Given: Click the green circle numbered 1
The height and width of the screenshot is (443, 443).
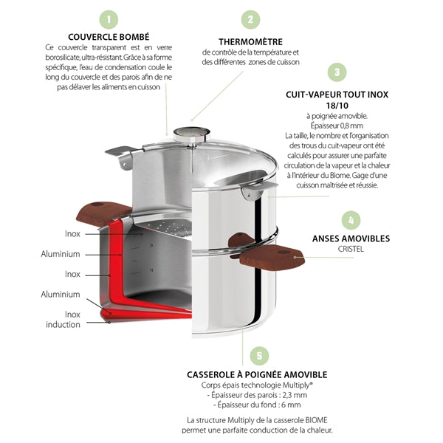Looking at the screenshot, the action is click(x=109, y=19).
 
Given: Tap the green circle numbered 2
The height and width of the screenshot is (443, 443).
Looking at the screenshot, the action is click(x=250, y=19).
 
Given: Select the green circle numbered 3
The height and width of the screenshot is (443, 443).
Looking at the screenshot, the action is click(x=337, y=72).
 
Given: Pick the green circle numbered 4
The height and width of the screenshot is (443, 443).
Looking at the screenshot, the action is click(x=351, y=220).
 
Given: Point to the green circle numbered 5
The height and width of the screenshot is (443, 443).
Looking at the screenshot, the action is click(x=259, y=356).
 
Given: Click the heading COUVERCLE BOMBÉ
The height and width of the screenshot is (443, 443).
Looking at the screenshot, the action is click(x=109, y=37).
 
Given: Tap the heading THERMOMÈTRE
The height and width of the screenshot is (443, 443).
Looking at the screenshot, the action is click(x=250, y=42).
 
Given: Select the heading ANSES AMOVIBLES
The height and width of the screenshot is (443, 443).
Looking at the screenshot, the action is click(x=351, y=238).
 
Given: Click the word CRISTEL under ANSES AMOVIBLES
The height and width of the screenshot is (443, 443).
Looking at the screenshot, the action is click(x=351, y=250).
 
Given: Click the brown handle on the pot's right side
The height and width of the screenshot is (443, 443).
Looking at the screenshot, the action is click(x=272, y=257).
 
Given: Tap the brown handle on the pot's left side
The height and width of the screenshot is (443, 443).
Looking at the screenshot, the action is click(x=104, y=213).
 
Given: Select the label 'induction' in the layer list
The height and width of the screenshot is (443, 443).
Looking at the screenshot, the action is click(x=63, y=325).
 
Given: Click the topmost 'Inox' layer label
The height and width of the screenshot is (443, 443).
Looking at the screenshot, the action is click(x=72, y=234).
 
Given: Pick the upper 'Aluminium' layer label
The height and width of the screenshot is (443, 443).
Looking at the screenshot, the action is click(x=61, y=254).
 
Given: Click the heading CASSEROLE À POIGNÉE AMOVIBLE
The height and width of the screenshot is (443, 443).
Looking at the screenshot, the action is click(x=257, y=374).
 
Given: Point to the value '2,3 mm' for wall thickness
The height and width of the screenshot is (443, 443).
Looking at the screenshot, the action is click(x=295, y=395).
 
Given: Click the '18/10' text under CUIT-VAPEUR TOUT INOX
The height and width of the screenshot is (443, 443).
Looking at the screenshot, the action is click(x=337, y=106).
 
